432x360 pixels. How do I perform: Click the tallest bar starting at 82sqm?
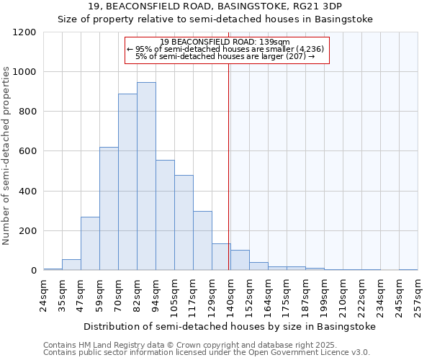click(146, 176)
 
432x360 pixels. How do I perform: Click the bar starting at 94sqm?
click(165, 215)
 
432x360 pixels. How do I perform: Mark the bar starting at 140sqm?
click(240, 260)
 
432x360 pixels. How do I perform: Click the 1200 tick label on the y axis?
click(24, 32)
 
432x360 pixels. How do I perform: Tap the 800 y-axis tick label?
click(27, 112)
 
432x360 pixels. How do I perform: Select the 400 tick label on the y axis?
click(27, 192)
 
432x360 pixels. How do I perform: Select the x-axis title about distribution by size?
click(230, 326)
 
